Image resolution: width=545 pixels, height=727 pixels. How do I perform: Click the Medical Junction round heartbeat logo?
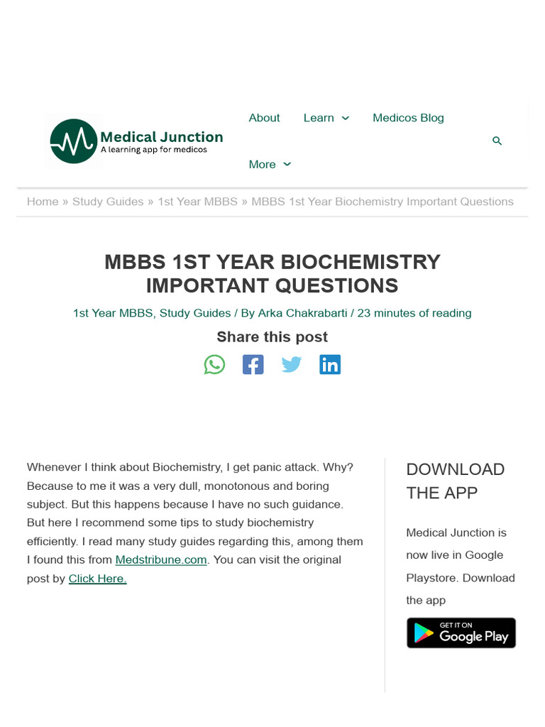pos(73,141)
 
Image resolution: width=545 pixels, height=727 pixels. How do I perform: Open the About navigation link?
pos(264,118)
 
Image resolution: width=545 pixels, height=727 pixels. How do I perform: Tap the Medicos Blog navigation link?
pos(408,118)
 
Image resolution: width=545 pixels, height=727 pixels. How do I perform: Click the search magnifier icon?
pos(497,141)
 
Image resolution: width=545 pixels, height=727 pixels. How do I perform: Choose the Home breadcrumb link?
pos(43,202)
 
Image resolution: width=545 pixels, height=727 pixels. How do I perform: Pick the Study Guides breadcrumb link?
pos(108,202)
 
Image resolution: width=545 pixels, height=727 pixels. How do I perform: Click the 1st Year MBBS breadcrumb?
pos(197,202)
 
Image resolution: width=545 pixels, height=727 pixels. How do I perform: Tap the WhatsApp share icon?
pos(214,365)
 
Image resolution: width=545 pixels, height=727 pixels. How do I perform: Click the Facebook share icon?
pos(253,365)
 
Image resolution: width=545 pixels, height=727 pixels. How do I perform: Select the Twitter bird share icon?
pos(291,365)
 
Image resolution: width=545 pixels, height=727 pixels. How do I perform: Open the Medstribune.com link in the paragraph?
pos(161,559)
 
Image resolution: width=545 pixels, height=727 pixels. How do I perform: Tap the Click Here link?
pos(97,578)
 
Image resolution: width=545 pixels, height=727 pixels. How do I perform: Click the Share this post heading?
pos(272,337)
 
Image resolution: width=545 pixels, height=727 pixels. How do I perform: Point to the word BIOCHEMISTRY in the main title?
pos(360,262)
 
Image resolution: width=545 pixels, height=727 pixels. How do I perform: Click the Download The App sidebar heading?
pos(455,481)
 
